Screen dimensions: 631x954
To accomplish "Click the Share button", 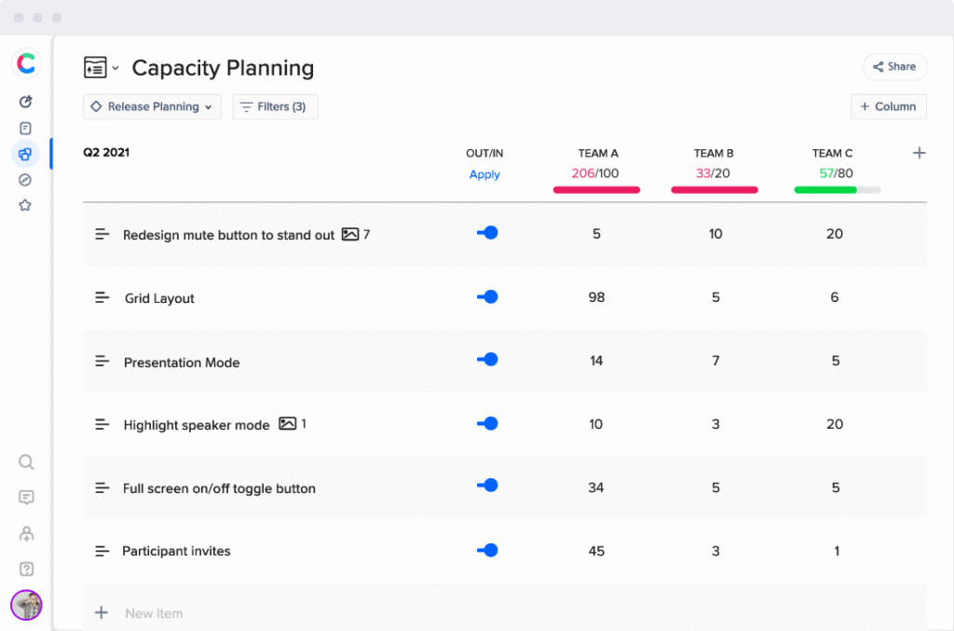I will tap(894, 66).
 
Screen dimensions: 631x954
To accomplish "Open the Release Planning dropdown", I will tap(153, 107).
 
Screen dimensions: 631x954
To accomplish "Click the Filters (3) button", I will tap(275, 107).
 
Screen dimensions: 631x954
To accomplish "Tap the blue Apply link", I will tap(484, 174).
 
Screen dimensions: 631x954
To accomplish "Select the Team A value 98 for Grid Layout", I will tap(596, 297).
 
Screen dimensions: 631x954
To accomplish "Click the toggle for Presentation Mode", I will tap(487, 360).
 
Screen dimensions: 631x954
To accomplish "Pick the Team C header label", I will tap(832, 153).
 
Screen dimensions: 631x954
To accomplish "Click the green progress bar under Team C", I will tap(825, 190).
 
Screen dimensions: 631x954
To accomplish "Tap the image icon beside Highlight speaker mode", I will tap(288, 423).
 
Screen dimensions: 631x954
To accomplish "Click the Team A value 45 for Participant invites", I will tap(596, 551).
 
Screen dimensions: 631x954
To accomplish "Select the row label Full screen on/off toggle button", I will tap(219, 488).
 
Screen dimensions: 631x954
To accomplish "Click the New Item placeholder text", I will tap(154, 613).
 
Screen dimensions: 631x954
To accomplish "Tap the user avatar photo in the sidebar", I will tap(26, 605).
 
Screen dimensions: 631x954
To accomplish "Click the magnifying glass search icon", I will tap(26, 462).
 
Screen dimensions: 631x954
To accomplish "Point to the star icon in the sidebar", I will tap(25, 205).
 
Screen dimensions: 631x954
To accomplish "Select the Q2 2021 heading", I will tap(106, 152).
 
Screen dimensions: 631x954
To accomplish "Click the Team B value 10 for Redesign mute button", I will tap(715, 234).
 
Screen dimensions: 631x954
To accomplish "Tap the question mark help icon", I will tap(26, 569).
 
